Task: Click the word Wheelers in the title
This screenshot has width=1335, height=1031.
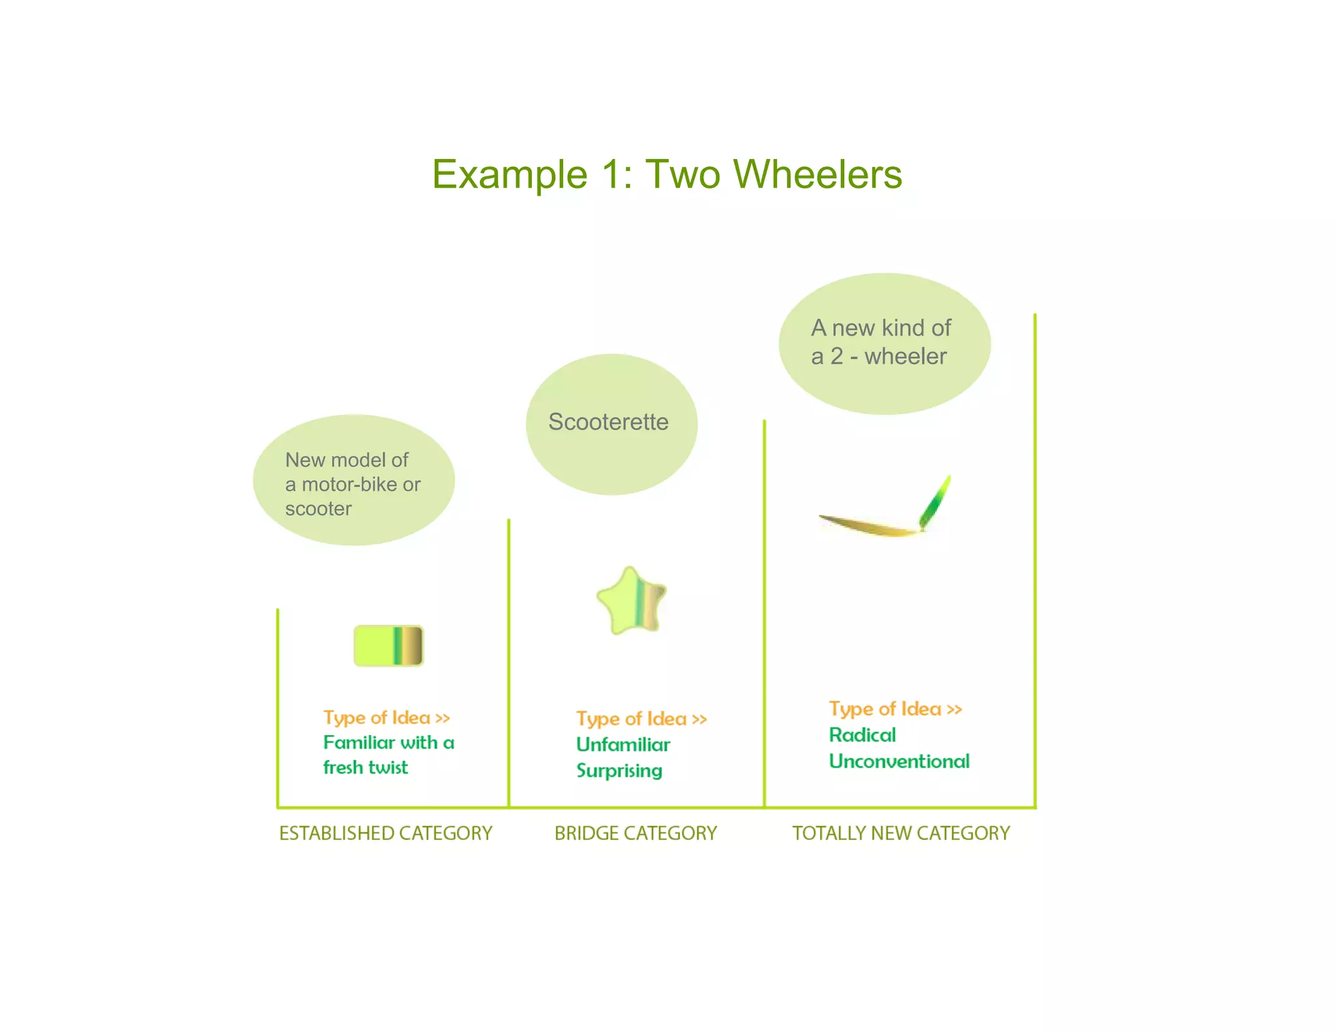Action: (817, 175)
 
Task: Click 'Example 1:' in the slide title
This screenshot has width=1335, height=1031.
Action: (532, 175)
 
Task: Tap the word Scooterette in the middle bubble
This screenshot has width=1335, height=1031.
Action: (608, 422)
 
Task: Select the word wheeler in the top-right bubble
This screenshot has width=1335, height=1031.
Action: (905, 356)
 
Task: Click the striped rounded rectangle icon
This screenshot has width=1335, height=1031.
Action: (389, 646)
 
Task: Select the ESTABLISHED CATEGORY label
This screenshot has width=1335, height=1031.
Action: (385, 833)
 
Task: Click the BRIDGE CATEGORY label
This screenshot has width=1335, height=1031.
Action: (635, 833)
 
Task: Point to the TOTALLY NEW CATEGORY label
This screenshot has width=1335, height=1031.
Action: (900, 833)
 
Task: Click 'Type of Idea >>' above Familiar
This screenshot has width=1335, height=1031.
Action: (387, 718)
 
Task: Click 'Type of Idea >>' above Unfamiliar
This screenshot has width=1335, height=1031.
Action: (641, 719)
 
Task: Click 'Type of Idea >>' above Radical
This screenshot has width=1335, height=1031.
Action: (895, 709)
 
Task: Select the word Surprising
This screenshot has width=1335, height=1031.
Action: (619, 770)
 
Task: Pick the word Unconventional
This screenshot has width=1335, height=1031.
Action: (899, 761)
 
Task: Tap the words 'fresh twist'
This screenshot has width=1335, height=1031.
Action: (365, 767)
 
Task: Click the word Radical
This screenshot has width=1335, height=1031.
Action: (862, 735)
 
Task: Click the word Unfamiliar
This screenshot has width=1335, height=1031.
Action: (623, 744)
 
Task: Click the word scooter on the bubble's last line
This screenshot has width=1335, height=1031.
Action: (318, 508)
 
